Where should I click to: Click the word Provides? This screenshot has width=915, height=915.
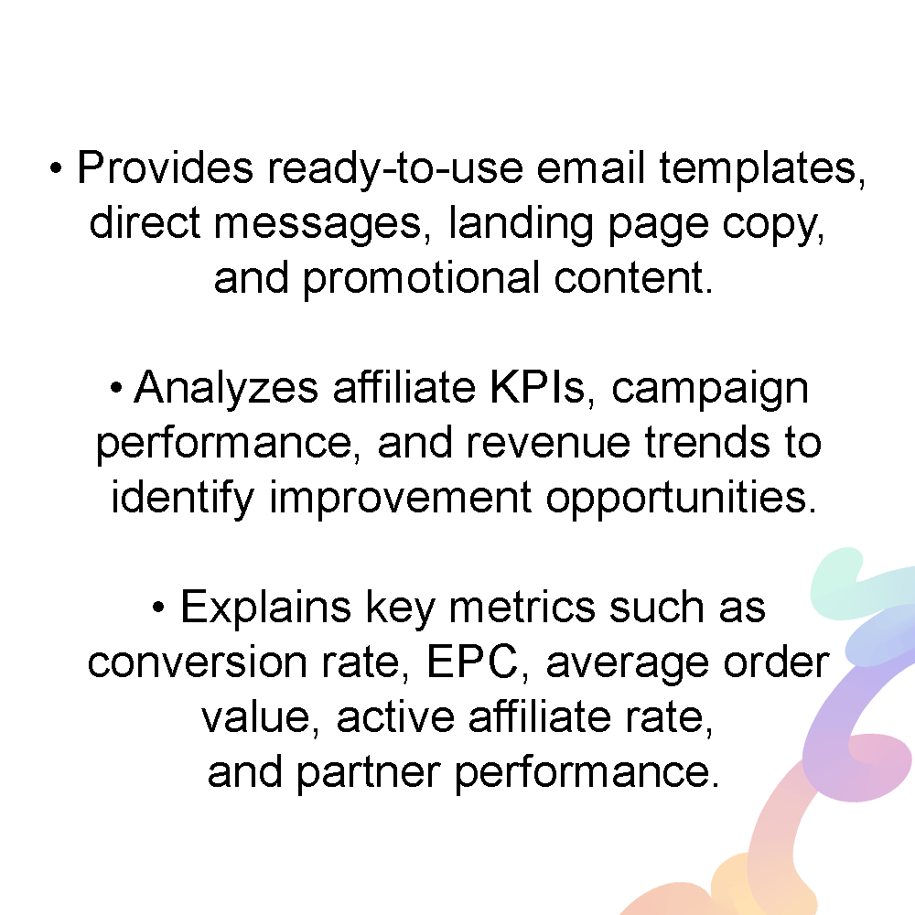165,167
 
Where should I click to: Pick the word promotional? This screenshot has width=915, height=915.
421,280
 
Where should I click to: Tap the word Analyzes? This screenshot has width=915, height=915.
226,389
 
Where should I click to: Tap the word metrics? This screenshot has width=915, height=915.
522,607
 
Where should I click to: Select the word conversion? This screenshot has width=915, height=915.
198,662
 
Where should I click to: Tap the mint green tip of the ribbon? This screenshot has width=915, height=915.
835,577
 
